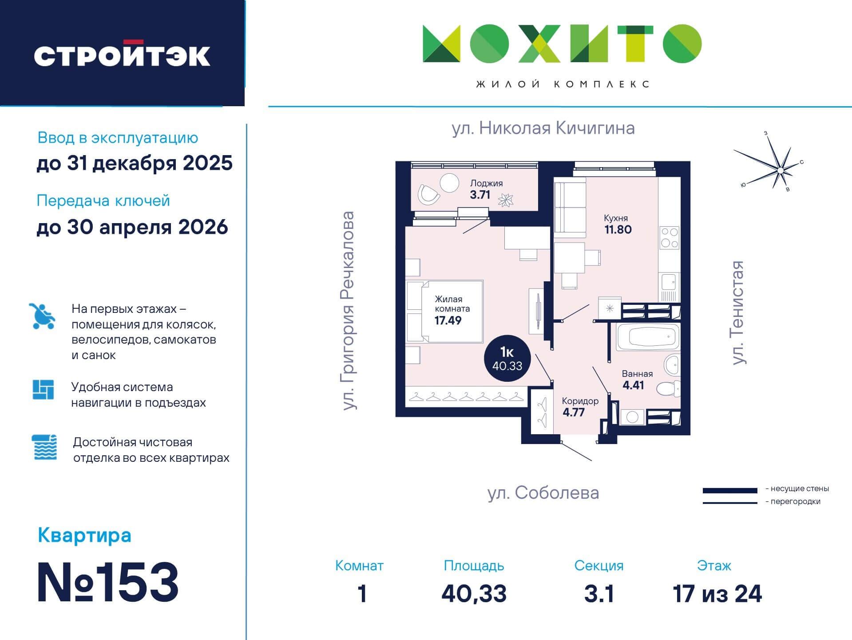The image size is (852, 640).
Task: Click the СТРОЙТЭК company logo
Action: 122,54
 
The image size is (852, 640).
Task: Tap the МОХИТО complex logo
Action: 562,44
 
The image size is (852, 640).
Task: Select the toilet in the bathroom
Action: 669,389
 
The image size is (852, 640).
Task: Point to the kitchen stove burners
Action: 669,238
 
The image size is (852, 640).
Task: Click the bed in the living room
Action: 445,311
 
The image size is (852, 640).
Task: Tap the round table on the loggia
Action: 449,183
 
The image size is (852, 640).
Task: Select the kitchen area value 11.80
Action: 618,229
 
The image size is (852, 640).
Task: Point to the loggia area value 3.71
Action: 480,194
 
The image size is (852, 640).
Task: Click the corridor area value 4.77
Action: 573,412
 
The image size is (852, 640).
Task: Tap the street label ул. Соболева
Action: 543,493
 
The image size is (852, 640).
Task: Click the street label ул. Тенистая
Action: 737,312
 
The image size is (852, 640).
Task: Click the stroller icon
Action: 43,316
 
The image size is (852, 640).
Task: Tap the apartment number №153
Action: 108,582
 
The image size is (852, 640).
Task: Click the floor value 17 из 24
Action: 717,594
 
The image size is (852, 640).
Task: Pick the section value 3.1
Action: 599,594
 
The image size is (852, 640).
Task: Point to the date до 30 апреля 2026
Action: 132,228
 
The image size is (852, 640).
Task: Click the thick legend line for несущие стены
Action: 730,491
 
